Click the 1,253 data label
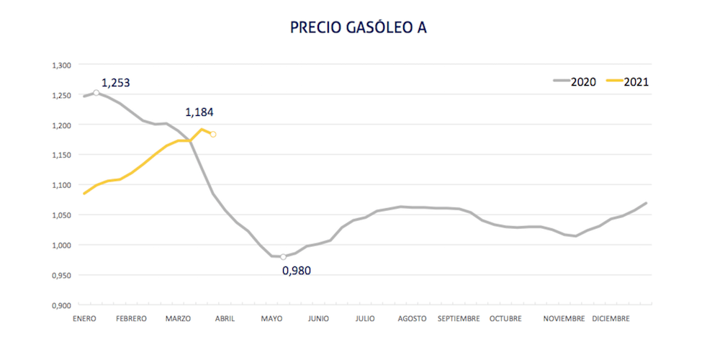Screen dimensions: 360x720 pyautogui.click(x=115, y=83)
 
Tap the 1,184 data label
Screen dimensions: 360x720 pyautogui.click(x=199, y=112)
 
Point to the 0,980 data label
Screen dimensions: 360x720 pyautogui.click(x=297, y=271)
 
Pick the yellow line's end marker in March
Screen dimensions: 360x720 pyautogui.click(x=213, y=134)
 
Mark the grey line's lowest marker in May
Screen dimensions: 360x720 pyautogui.click(x=283, y=256)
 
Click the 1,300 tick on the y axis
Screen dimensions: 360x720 pyautogui.click(x=62, y=66)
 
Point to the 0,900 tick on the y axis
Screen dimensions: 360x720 pyautogui.click(x=62, y=305)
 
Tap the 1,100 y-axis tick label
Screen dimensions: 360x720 pyautogui.click(x=62, y=185)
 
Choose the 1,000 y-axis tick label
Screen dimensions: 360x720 pyautogui.click(x=62, y=246)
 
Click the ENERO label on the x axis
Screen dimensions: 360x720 pyautogui.click(x=84, y=318)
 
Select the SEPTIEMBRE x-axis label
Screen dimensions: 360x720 pyautogui.click(x=458, y=318)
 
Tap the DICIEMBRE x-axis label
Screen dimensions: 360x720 pyautogui.click(x=611, y=318)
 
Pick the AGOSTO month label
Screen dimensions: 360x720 pyautogui.click(x=412, y=318)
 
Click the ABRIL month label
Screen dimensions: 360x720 pyautogui.click(x=224, y=318)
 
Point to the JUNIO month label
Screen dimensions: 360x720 pyautogui.click(x=318, y=318)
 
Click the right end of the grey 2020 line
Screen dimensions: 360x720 pyautogui.click(x=646, y=203)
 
